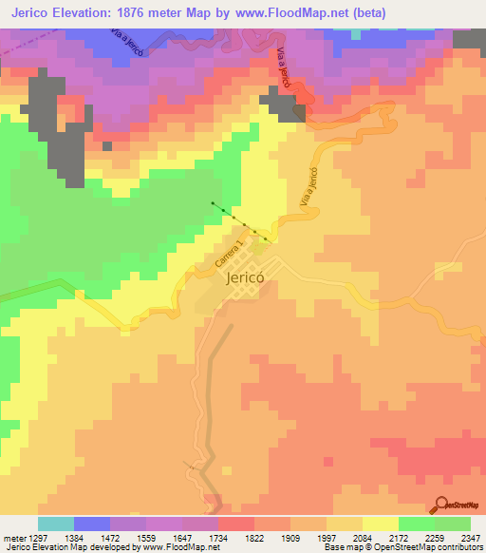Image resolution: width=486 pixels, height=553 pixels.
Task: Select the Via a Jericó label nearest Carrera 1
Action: pos(306,189)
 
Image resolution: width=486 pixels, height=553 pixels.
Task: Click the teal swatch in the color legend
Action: pos(56,524)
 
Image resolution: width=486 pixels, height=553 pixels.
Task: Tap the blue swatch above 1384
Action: pos(92,524)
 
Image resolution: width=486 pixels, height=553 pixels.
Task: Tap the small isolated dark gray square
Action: pos(107,146)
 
